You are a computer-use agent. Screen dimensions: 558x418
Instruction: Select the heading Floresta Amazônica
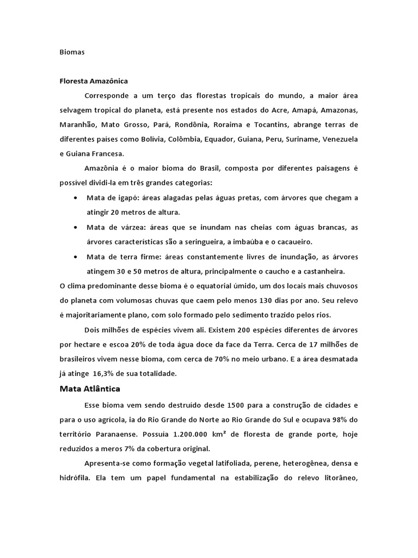pos(94,81)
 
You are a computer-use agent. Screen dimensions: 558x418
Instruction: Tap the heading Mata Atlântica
pos(89,389)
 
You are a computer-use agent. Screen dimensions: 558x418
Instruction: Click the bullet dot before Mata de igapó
pos(74,197)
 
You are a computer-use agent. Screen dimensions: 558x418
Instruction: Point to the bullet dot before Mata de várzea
pos(74,227)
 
